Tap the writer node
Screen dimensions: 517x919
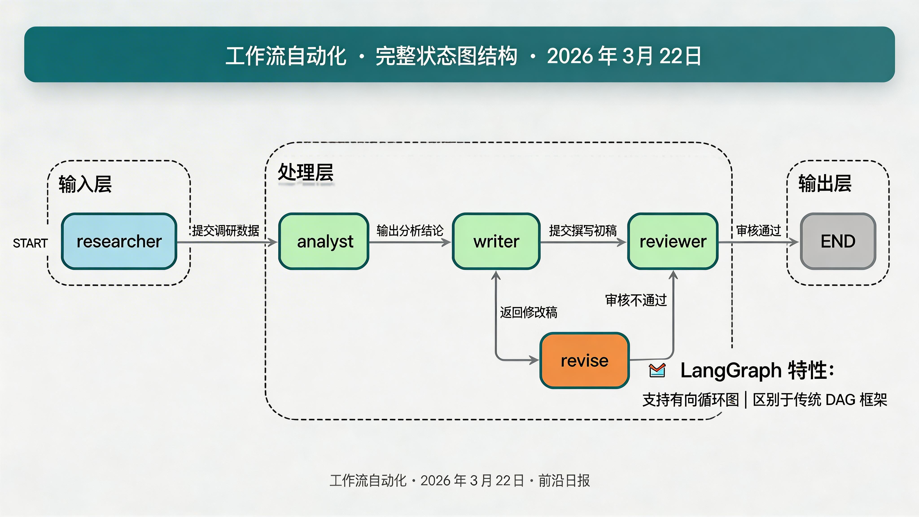(x=496, y=241)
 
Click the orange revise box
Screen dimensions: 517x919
(x=584, y=360)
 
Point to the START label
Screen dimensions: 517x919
(x=30, y=243)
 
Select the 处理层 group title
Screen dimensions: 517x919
(x=305, y=173)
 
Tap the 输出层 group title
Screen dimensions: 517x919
(x=825, y=184)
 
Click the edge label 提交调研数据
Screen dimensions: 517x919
(x=225, y=230)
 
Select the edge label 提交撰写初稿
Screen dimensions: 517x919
(x=583, y=230)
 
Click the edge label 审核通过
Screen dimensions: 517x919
(x=758, y=230)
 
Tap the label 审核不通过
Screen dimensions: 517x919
(x=636, y=300)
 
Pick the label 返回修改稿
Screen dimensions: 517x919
(x=528, y=312)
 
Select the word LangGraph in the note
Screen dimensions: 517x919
(x=731, y=370)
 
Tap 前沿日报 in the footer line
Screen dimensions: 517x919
(x=564, y=481)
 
